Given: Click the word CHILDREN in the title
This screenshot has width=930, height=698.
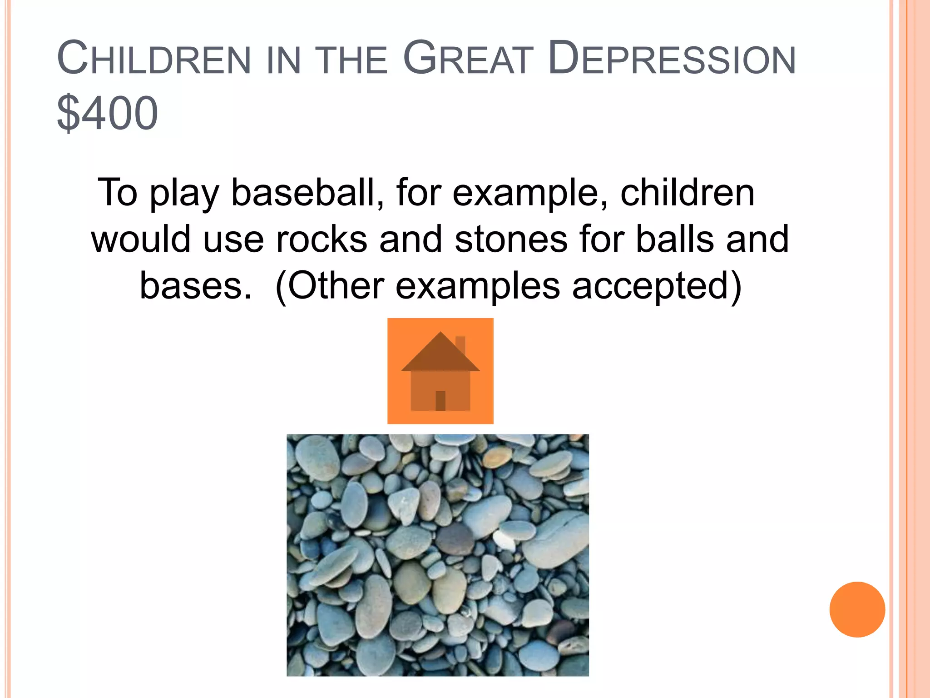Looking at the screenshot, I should coord(154,59).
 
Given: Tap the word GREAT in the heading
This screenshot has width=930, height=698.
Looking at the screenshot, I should coord(468,59).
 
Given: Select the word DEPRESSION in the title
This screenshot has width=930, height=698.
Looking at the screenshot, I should coord(672,59).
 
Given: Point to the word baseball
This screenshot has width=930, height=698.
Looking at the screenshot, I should coord(307,193).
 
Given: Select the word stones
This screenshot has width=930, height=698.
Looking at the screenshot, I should coord(510,239).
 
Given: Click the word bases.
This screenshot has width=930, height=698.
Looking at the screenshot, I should coord(195,286).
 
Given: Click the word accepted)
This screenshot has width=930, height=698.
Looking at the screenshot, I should coord(657,286).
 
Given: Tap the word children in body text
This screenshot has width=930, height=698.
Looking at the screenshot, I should coord(687,193).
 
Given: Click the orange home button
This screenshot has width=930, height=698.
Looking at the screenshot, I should coord(440,371).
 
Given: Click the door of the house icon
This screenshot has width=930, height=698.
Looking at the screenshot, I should coord(440,400).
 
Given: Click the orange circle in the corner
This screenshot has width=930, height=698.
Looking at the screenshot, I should coord(857,609).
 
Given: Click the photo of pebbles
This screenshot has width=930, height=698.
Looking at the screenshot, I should coord(437,555).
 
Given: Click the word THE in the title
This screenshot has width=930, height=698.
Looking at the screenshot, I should coord(351,59).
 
